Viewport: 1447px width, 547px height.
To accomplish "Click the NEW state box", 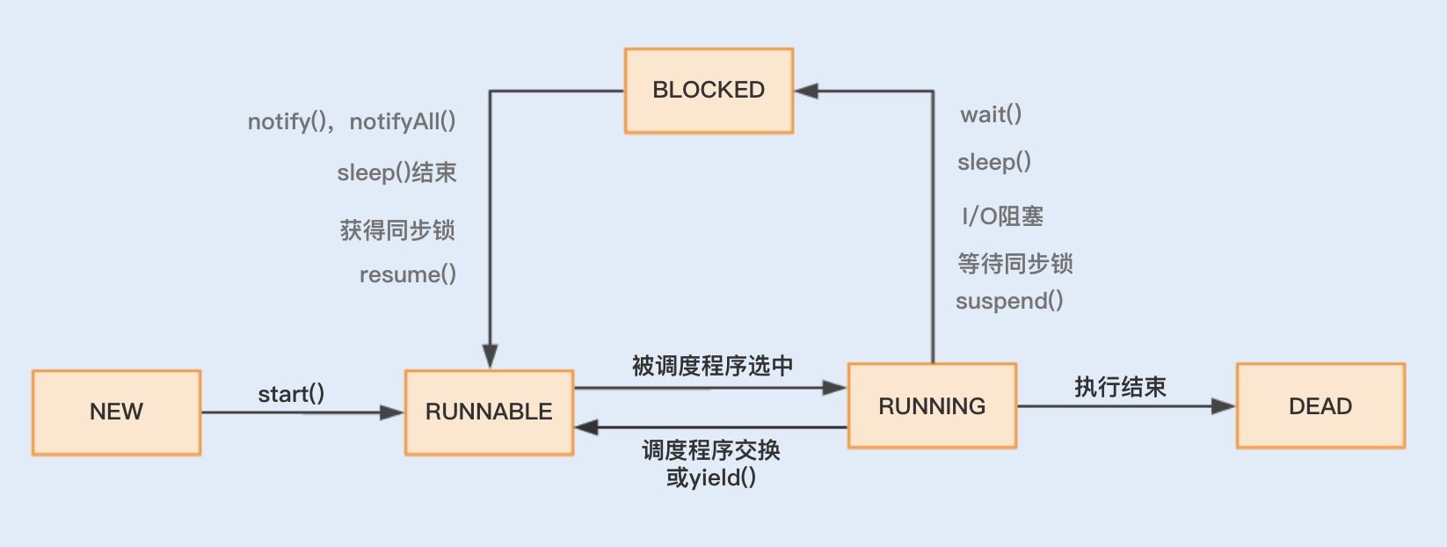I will pos(116,412).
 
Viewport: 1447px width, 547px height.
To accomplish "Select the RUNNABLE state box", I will pos(489,412).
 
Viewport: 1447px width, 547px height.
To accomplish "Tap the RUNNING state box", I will pos(932,406).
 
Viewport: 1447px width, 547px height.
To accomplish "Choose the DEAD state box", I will pos(1320,406).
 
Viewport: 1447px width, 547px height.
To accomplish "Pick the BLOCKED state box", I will pos(709,91).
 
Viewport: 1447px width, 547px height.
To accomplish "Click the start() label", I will pos(291,394).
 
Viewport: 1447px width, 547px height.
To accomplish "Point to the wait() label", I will pos(991,114).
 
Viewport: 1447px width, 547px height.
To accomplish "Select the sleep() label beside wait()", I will pos(994,162).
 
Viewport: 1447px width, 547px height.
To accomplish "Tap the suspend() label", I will pos(1009,301).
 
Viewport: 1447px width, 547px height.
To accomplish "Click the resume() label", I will pos(408,274).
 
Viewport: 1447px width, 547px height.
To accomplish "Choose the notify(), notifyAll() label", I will pos(352,121).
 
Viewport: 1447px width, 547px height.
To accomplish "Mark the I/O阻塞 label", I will pos(1003,216).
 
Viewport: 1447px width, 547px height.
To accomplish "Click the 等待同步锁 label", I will pos(1015,263).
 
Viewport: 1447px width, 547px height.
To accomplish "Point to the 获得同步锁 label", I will pos(397,230).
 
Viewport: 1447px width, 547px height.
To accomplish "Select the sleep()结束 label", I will pos(397,172).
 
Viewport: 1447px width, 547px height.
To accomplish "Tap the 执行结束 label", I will pos(1120,387).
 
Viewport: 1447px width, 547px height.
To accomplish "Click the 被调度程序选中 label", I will pos(712,366).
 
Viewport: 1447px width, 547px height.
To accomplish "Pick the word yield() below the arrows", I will pos(723,478).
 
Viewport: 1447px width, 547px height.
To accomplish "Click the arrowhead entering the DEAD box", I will pos(1224,406).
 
